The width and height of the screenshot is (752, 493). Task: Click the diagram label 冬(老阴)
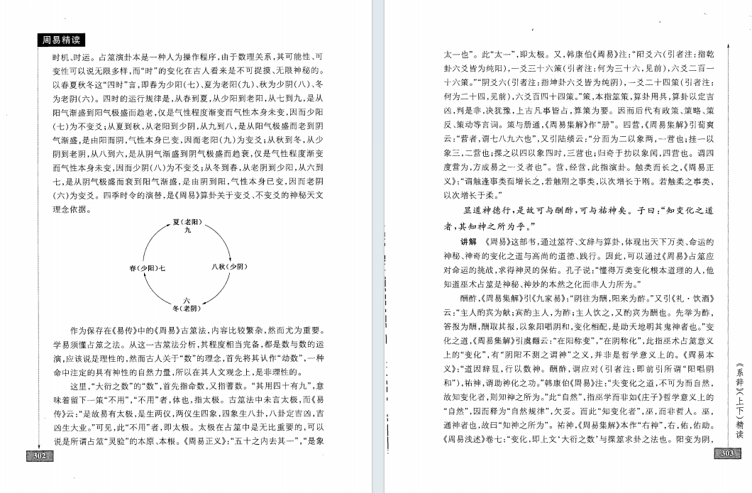tap(187, 309)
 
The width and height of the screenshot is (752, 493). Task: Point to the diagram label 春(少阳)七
tap(148, 267)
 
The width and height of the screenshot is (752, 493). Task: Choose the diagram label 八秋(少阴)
tap(229, 267)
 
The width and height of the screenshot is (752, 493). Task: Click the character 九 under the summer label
tap(187, 231)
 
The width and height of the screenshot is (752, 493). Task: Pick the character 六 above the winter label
tap(187, 301)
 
